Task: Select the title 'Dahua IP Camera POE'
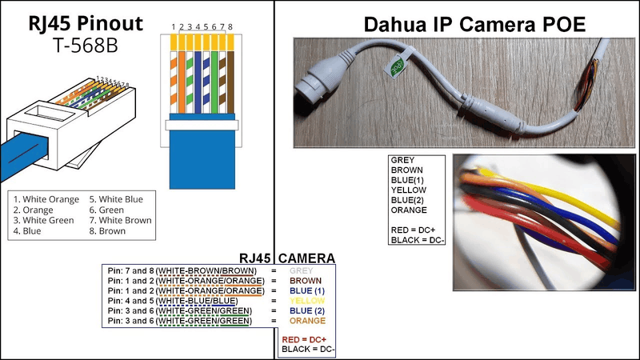pyautogui.click(x=474, y=24)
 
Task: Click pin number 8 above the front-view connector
pyautogui.click(x=230, y=27)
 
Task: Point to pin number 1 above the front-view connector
pyautogui.click(x=174, y=27)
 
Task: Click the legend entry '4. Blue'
pyautogui.click(x=28, y=231)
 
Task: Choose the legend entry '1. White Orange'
pyautogui.click(x=46, y=198)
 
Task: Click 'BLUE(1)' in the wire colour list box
pyautogui.click(x=409, y=180)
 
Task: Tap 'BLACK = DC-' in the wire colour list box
pyautogui.click(x=416, y=240)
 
